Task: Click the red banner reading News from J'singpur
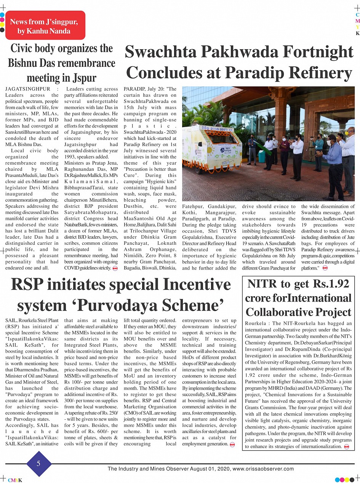pos(45,26)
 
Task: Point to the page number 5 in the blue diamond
pos(38,464)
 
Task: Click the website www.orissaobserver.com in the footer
pos(263,469)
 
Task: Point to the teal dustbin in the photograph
pos(261,156)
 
